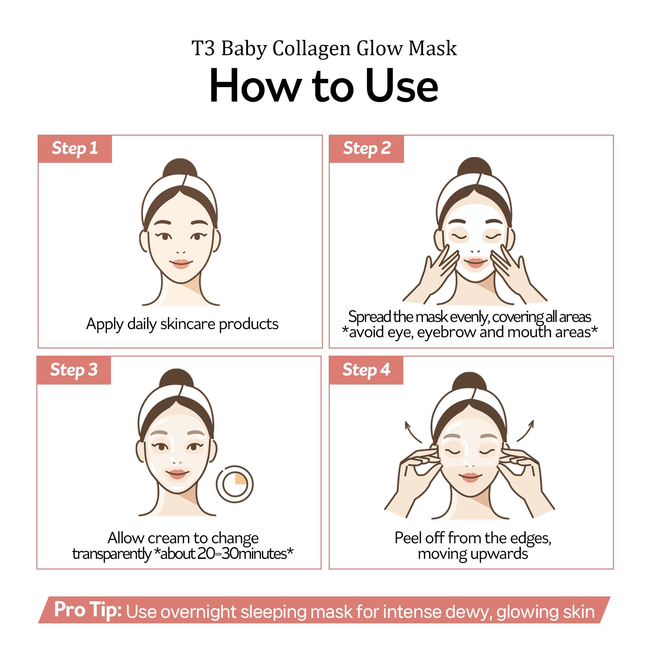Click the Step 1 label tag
[75, 149]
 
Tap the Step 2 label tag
[366, 149]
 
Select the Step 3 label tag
[74, 370]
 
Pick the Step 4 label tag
[366, 370]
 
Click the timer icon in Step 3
[235, 484]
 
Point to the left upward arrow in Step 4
[413, 432]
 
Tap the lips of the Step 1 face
[181, 263]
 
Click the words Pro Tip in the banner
[88, 609]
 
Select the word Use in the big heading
[402, 86]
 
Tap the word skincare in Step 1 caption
[188, 324]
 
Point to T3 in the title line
[203, 49]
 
